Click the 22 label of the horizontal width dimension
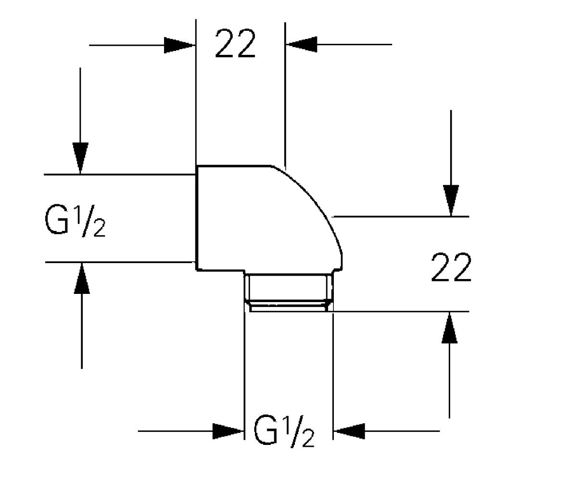[x=235, y=44]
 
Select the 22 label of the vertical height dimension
[x=451, y=267]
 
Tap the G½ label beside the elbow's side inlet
[x=75, y=221]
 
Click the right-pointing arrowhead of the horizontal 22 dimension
[x=179, y=45]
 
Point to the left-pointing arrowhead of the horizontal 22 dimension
[x=302, y=44]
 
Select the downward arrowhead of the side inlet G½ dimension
[x=80, y=158]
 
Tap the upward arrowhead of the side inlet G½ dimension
[x=82, y=278]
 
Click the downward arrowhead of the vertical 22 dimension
[x=451, y=201]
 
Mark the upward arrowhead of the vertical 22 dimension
[x=449, y=328]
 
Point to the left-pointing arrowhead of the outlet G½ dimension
[x=349, y=431]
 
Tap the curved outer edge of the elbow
[x=315, y=198]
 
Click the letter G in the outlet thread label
[x=266, y=430]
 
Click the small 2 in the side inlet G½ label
[x=99, y=229]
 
